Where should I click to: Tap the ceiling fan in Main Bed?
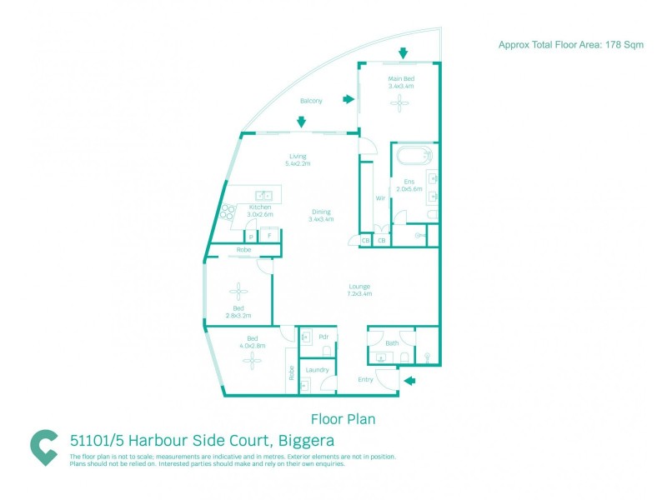400,103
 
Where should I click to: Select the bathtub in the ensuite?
414,155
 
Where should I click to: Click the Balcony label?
311,102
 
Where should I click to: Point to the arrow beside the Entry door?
409,382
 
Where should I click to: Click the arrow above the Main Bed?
403,53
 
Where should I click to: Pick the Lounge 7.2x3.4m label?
359,290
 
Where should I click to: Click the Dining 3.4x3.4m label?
321,215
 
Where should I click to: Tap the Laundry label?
317,370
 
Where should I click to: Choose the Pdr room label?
323,337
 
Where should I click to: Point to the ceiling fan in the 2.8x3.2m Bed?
239,292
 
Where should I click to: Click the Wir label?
380,198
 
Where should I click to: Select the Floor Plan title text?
343,419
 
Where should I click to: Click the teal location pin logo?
43,447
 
